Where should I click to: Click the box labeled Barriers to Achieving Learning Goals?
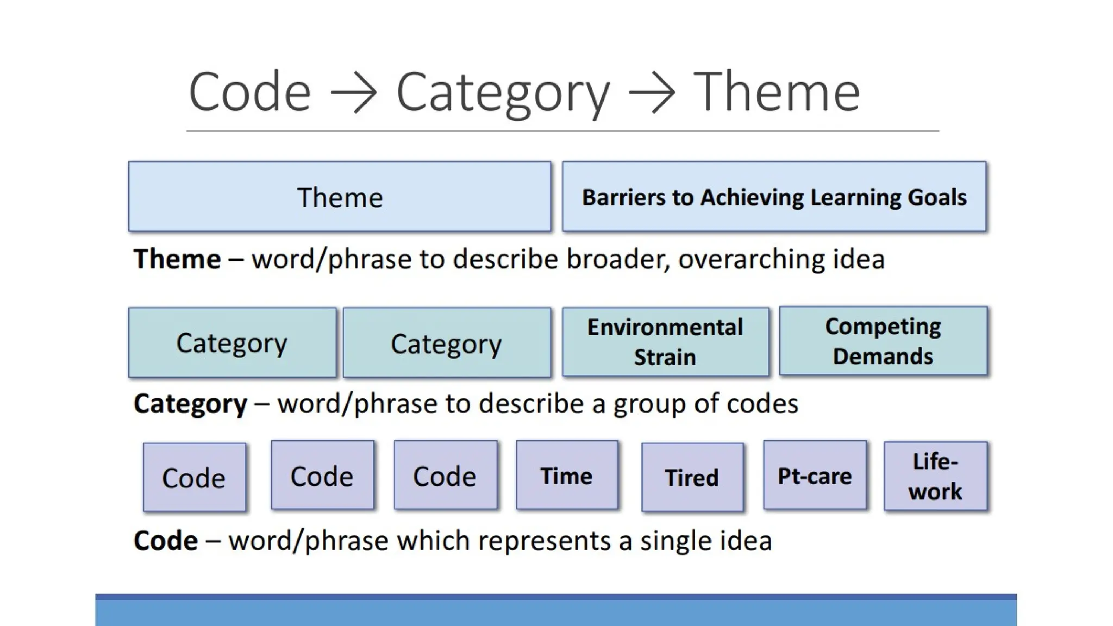coord(774,197)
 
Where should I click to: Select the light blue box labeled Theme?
coord(340,197)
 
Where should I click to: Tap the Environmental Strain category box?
coord(665,342)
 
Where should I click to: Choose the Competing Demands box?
coord(883,341)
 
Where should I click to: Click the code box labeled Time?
coord(566,475)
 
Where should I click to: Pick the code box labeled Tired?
coord(692,478)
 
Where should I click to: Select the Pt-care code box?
coord(815,475)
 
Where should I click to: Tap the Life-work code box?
coord(935,476)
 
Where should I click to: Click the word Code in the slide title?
coord(249,91)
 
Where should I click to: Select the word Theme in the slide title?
coord(777,91)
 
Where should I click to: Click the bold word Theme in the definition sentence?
coord(177,259)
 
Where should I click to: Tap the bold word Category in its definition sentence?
coord(190,404)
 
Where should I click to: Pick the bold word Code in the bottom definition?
coord(165,541)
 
